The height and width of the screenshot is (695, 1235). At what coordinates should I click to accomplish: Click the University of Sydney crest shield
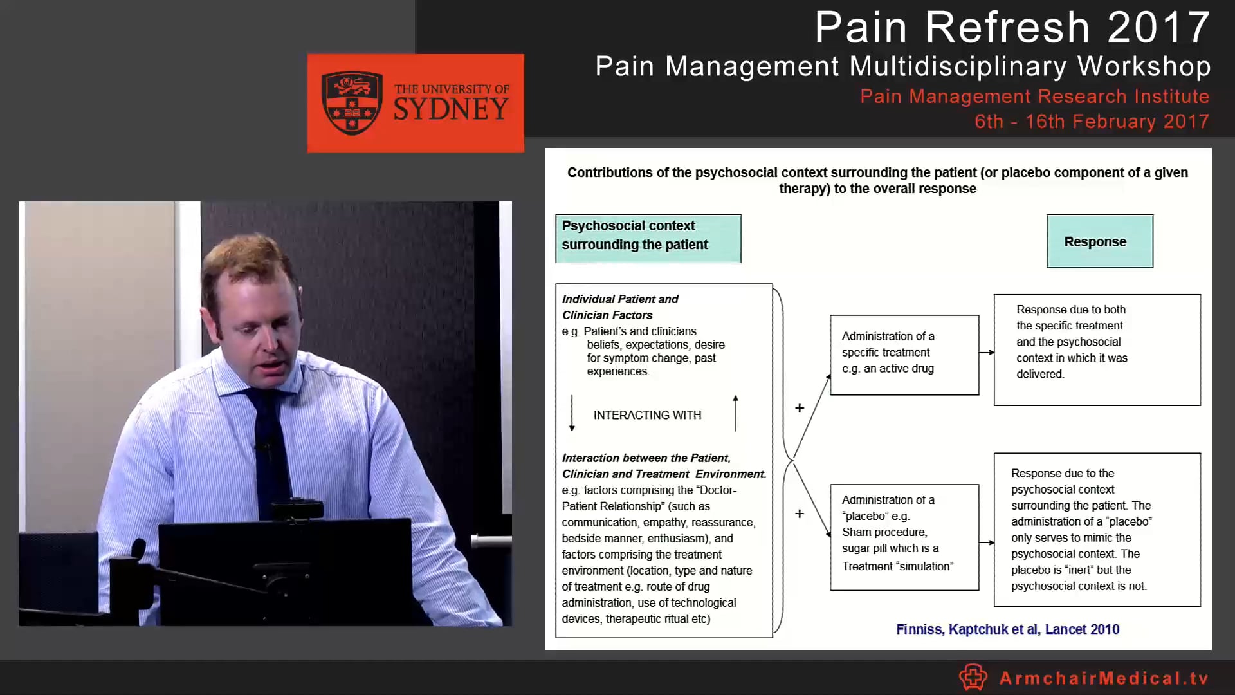click(351, 103)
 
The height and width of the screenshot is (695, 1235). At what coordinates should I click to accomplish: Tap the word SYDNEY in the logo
click(451, 109)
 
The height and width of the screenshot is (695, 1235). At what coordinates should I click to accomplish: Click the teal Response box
click(1099, 241)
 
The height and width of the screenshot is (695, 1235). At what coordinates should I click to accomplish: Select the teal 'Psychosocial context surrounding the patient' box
click(648, 238)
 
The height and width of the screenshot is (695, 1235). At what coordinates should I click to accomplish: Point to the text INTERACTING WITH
click(647, 415)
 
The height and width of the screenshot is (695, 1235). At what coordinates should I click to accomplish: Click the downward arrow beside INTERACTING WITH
click(572, 413)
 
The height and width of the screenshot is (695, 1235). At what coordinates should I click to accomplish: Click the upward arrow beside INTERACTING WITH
click(735, 413)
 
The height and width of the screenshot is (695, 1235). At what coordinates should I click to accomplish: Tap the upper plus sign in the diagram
click(800, 408)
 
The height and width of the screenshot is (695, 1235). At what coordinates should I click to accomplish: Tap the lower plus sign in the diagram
click(800, 514)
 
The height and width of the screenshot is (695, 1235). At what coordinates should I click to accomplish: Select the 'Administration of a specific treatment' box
click(904, 355)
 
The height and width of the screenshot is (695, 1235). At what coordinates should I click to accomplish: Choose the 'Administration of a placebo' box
click(904, 537)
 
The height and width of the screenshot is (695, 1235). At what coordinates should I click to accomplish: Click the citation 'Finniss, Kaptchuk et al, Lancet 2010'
click(1007, 629)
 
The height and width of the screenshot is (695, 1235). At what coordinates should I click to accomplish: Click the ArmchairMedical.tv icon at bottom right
click(973, 677)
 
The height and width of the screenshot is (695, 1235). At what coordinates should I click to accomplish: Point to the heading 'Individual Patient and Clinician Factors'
click(619, 307)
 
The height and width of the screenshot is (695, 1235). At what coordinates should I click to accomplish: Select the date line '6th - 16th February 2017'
click(1092, 122)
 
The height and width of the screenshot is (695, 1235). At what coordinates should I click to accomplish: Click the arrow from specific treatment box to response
click(987, 352)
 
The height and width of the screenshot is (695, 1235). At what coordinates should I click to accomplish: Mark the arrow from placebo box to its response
click(987, 542)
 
